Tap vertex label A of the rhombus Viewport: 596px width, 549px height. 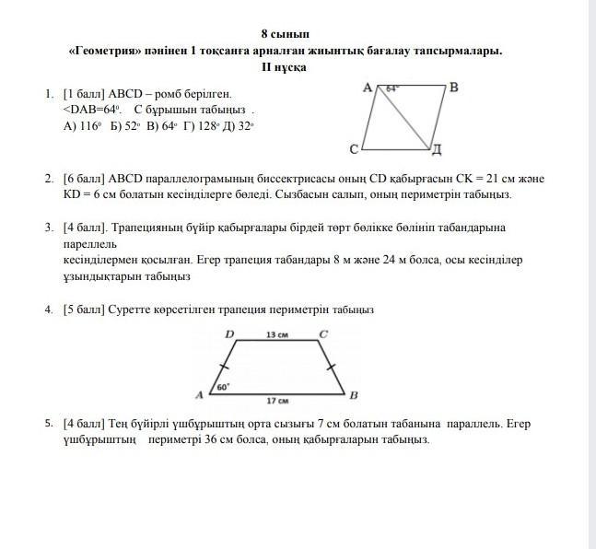tap(367, 88)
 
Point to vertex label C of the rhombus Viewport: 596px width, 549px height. tap(354, 147)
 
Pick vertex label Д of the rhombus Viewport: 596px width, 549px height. tap(438, 148)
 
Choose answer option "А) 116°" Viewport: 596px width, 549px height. tap(82, 127)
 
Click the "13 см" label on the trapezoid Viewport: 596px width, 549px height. tap(276, 334)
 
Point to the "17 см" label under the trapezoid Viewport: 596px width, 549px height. tap(277, 401)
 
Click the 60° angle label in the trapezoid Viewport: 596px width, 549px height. tap(223, 388)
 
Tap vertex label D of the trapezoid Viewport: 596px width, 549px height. tap(229, 333)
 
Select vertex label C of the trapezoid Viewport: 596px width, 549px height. tap(322, 333)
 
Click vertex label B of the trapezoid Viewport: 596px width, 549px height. tap(353, 395)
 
